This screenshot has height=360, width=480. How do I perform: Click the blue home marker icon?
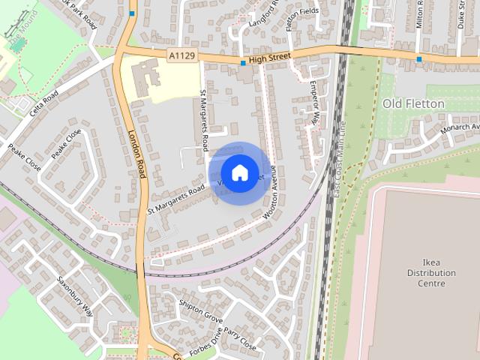click(x=239, y=172)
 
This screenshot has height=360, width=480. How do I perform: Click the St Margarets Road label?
click(x=175, y=200)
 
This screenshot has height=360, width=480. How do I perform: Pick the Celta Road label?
click(x=45, y=106)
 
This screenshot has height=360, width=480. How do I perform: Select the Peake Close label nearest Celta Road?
click(x=67, y=143)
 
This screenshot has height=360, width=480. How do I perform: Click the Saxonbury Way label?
click(x=75, y=295)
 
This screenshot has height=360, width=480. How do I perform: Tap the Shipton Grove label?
click(x=201, y=310)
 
